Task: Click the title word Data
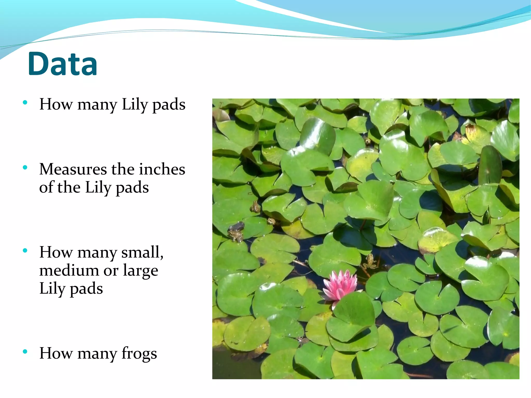[x=62, y=64]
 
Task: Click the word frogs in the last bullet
[x=139, y=353]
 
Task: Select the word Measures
[x=73, y=169]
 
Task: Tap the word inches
[x=162, y=169]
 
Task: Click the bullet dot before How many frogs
[x=25, y=352]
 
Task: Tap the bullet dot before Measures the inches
[x=25, y=167]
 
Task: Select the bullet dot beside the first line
[x=25, y=102]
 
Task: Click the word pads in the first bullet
[x=169, y=105]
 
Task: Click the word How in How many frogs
[x=56, y=353]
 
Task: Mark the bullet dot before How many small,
[x=25, y=250]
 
